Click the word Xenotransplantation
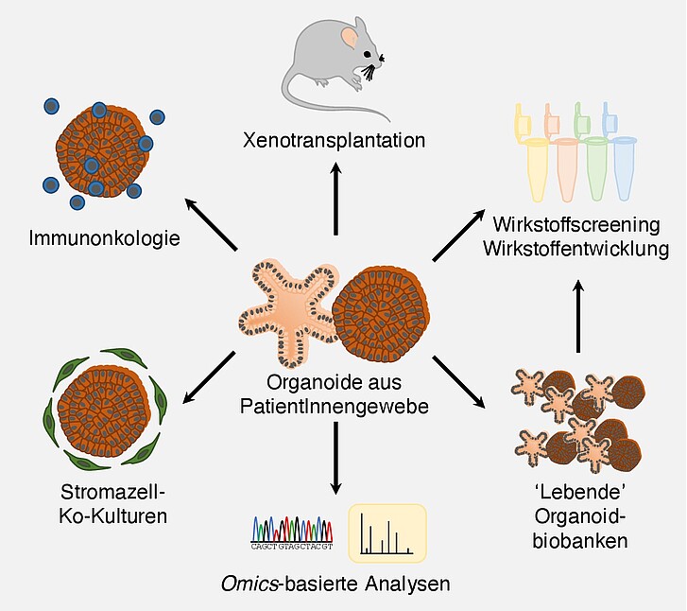(x=334, y=142)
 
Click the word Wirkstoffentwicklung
(x=579, y=250)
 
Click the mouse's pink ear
(x=350, y=39)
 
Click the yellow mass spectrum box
(x=387, y=531)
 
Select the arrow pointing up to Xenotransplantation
(x=334, y=199)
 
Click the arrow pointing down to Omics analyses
(x=335, y=459)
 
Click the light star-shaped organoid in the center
(x=288, y=308)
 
